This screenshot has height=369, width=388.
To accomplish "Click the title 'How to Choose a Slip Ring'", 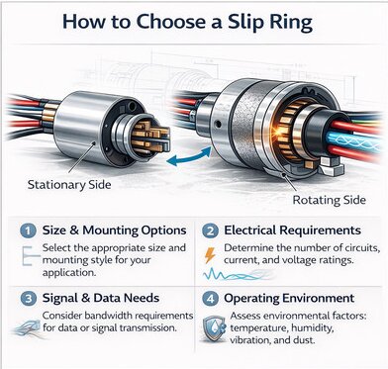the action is tap(193, 22).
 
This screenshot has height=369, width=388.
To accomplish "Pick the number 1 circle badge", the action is tap(27, 229).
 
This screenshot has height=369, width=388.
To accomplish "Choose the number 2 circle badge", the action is tap(209, 229).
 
